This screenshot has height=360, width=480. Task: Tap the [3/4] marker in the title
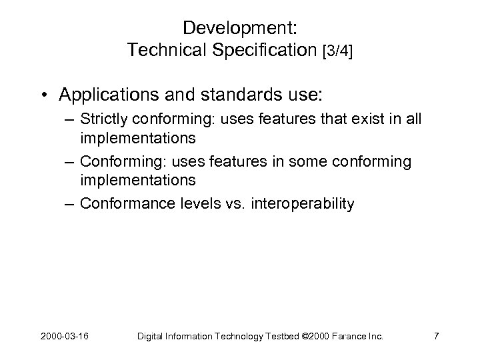[x=337, y=51]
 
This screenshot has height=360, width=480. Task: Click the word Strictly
[x=102, y=121]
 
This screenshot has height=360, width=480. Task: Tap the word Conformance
[x=125, y=203]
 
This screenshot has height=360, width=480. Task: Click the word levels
[x=198, y=203]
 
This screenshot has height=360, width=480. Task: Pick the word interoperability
[x=303, y=203]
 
